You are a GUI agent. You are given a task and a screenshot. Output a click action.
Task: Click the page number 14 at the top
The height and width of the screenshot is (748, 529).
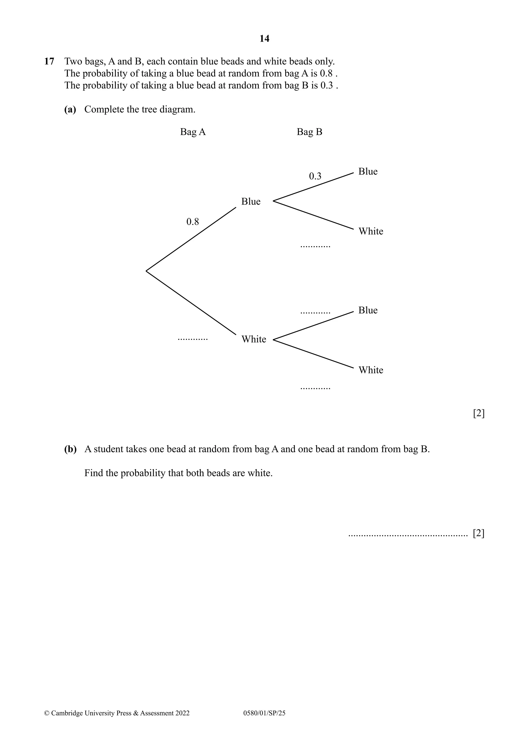pyautogui.click(x=264, y=39)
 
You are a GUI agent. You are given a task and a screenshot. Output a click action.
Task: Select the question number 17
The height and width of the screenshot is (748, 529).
pyautogui.click(x=49, y=61)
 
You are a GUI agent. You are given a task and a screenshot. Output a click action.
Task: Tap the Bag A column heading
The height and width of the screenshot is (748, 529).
pyautogui.click(x=193, y=132)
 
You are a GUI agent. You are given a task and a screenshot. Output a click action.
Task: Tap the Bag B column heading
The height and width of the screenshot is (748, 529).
pyautogui.click(x=309, y=132)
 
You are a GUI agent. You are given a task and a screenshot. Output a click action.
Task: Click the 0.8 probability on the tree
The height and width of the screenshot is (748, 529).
pyautogui.click(x=192, y=222)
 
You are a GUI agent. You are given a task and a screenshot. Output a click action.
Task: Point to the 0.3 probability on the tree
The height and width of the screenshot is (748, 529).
pyautogui.click(x=315, y=176)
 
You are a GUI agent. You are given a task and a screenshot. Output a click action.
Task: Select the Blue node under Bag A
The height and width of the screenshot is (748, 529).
pyautogui.click(x=251, y=202)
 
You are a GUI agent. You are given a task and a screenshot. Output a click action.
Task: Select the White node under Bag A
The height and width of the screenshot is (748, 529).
pyautogui.click(x=253, y=339)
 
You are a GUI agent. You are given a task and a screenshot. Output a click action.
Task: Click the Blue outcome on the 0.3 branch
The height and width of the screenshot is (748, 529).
pyautogui.click(x=368, y=172)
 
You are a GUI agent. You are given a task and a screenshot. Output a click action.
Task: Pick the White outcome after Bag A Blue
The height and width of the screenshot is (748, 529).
pyautogui.click(x=371, y=231)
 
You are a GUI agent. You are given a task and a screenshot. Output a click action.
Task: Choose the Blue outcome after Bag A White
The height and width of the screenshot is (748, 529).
pyautogui.click(x=368, y=310)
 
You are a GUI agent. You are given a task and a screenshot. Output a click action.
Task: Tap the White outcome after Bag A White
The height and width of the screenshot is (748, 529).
pyautogui.click(x=371, y=370)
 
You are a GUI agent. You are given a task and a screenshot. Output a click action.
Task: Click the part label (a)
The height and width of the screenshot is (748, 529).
pyautogui.click(x=70, y=110)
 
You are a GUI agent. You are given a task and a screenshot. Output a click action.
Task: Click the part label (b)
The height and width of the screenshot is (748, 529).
pyautogui.click(x=70, y=449)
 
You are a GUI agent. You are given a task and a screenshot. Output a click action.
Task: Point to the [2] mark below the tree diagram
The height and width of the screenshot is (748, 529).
pyautogui.click(x=479, y=414)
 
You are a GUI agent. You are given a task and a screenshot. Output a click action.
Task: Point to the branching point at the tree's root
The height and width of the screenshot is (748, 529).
pyautogui.click(x=146, y=271)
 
